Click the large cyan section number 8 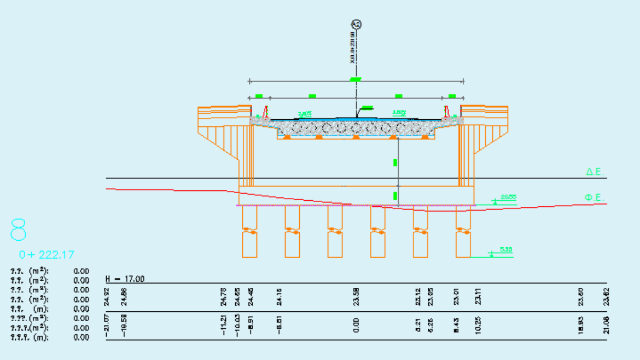coord(18,230)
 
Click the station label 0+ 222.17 coord(46,254)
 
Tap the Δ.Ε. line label coord(595,172)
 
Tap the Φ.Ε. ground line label coord(594,197)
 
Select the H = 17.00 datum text coord(125,279)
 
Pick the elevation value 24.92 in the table coord(107,297)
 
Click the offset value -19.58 coord(124,326)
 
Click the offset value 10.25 coord(478,326)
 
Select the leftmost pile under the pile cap coord(249,231)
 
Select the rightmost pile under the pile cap coord(463,231)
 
